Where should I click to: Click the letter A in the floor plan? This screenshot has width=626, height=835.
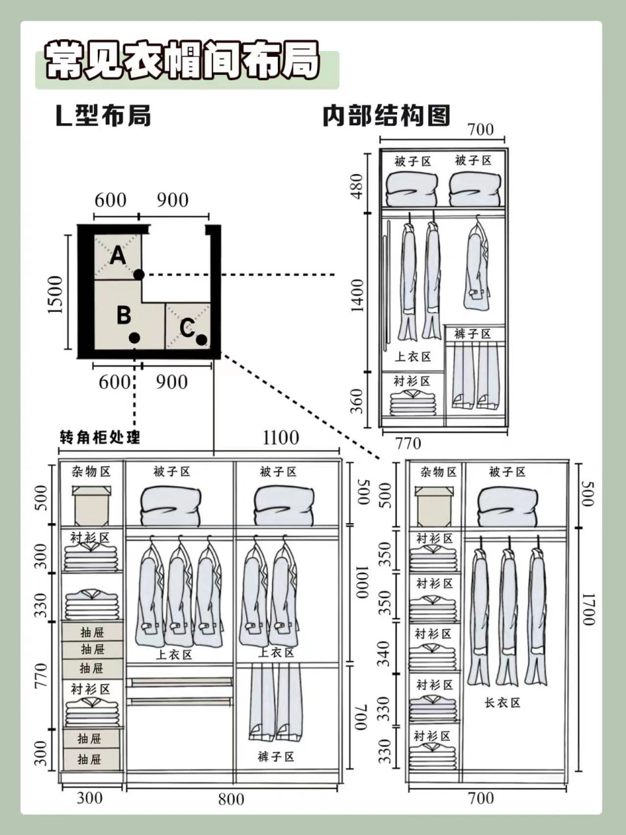[117, 255]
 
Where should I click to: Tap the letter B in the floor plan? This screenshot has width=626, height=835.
[124, 316]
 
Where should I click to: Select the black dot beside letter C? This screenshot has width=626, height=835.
[201, 340]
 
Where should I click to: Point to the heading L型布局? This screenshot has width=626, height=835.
[103, 115]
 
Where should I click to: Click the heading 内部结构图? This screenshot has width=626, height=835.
[386, 115]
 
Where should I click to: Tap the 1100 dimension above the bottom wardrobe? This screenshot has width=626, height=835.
[281, 438]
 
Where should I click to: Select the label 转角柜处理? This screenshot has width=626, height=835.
[100, 436]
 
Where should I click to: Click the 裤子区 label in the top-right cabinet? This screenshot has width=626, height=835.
[472, 334]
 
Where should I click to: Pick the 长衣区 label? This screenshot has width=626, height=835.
[502, 703]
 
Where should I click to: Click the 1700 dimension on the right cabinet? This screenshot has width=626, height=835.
[589, 609]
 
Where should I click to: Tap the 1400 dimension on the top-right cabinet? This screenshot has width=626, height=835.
[357, 296]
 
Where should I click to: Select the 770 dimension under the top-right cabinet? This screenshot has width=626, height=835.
[408, 443]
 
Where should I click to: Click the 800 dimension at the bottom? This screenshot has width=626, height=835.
[231, 800]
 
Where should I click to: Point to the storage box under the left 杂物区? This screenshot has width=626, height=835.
[91, 505]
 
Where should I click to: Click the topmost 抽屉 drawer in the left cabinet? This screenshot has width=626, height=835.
[92, 632]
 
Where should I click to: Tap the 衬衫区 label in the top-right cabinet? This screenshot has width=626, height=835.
[412, 381]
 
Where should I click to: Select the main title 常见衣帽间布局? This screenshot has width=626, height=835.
[183, 61]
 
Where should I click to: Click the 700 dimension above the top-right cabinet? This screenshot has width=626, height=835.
[481, 130]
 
